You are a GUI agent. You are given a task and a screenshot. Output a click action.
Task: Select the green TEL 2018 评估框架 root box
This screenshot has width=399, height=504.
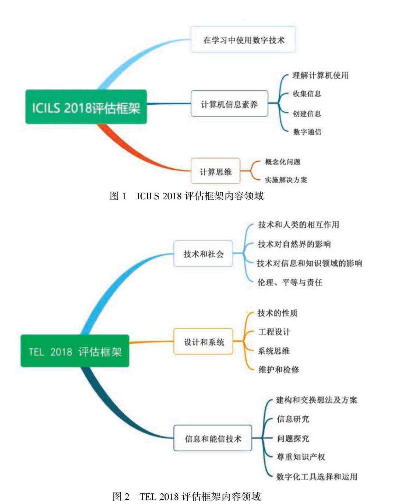pyautogui.click(x=75, y=351)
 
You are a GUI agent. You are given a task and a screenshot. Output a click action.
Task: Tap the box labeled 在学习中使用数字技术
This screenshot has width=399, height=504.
pyautogui.click(x=243, y=39)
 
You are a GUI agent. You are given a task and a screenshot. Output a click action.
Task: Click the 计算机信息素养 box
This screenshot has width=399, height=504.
pyautogui.click(x=229, y=104)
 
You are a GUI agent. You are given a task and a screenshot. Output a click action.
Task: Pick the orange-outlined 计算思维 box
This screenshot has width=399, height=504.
pyautogui.click(x=215, y=171)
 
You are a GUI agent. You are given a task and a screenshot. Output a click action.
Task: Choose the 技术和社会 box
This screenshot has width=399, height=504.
pyautogui.click(x=203, y=253)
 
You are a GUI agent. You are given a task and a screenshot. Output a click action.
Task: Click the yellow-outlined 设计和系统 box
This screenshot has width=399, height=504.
pyautogui.click(x=203, y=342)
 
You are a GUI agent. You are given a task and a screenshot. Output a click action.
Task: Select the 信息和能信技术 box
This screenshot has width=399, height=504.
pyautogui.click(x=213, y=438)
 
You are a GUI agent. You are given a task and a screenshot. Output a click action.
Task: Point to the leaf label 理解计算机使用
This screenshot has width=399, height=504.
pyautogui.click(x=320, y=75)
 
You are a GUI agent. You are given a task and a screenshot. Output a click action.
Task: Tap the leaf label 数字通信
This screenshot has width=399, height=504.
pyautogui.click(x=307, y=132)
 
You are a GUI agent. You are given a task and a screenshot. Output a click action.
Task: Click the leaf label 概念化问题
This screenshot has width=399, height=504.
pyautogui.click(x=283, y=162)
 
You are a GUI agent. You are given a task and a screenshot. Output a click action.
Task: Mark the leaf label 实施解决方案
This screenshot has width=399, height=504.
pyautogui.click(x=286, y=180)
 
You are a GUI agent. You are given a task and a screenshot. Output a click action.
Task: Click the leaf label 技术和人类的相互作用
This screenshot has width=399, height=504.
pyautogui.click(x=299, y=224)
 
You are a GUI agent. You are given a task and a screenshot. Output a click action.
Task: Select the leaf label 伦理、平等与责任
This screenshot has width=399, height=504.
pyautogui.click(x=290, y=282)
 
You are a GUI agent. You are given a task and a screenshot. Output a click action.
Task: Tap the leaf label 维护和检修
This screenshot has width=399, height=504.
pyautogui.click(x=279, y=369)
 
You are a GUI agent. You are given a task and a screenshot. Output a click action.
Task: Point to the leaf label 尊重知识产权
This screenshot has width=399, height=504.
pyautogui.click(x=301, y=457)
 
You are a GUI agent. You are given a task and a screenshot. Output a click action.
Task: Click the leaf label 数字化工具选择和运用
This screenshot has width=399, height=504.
pyautogui.click(x=317, y=476)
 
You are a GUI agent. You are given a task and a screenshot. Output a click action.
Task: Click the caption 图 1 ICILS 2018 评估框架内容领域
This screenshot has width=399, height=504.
pyautogui.click(x=187, y=196)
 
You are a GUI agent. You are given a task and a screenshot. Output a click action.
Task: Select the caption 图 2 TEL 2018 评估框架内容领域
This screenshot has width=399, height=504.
pyautogui.click(x=187, y=496)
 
